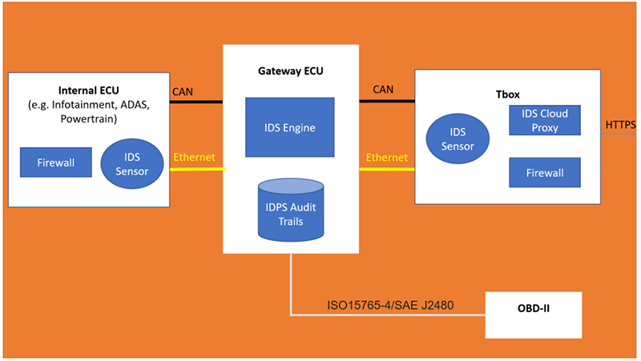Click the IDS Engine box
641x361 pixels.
click(x=289, y=126)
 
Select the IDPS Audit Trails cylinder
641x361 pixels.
click(x=289, y=210)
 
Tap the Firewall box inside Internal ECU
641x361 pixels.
click(x=56, y=162)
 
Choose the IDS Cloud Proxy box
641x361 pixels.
click(x=544, y=120)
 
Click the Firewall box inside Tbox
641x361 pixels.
click(x=544, y=172)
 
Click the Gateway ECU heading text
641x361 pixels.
click(x=289, y=70)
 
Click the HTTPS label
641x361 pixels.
click(x=620, y=124)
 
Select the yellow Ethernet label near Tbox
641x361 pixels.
click(x=386, y=157)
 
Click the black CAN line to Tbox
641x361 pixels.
click(x=387, y=101)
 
